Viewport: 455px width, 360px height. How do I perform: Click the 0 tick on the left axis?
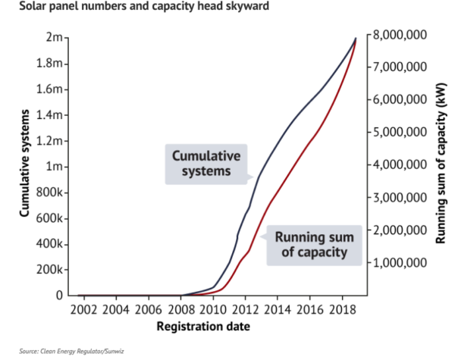click(59, 295)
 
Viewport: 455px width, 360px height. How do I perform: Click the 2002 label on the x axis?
click(83, 309)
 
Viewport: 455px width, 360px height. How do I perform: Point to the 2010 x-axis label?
click(213, 309)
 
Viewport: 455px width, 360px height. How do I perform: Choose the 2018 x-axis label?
click(342, 309)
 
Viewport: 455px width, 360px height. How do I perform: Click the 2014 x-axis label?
click(278, 309)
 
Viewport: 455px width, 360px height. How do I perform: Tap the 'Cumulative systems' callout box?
click(206, 163)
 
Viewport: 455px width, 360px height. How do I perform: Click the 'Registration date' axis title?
click(202, 327)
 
